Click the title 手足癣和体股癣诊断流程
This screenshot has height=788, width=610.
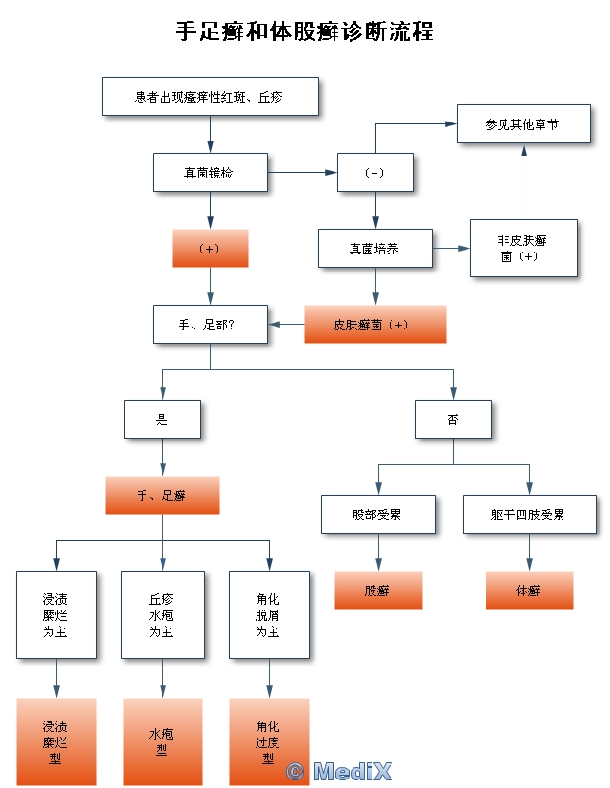click(x=304, y=31)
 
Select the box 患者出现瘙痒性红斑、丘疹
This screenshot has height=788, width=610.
click(x=210, y=96)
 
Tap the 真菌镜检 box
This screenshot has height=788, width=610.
click(x=210, y=172)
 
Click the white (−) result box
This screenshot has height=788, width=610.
click(x=375, y=172)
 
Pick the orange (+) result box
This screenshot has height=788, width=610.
click(x=210, y=248)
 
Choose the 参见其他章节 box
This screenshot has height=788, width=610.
click(x=524, y=123)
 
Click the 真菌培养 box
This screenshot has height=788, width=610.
click(x=375, y=248)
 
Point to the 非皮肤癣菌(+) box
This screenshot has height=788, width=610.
click(x=524, y=248)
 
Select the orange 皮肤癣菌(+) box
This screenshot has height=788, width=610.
click(x=374, y=324)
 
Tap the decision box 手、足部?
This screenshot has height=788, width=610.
click(x=210, y=324)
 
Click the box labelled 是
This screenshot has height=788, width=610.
click(x=162, y=419)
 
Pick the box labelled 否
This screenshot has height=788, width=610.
click(x=453, y=419)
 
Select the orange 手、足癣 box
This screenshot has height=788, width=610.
click(x=162, y=495)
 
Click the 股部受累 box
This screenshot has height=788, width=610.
click(x=378, y=514)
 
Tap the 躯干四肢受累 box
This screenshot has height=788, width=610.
click(x=529, y=514)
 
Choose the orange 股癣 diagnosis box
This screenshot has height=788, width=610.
click(x=378, y=590)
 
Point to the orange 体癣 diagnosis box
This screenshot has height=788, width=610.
click(x=529, y=590)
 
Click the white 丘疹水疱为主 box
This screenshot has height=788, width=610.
click(x=162, y=614)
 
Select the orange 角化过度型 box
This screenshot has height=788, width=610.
click(x=269, y=741)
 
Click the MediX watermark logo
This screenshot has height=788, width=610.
click(x=339, y=771)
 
